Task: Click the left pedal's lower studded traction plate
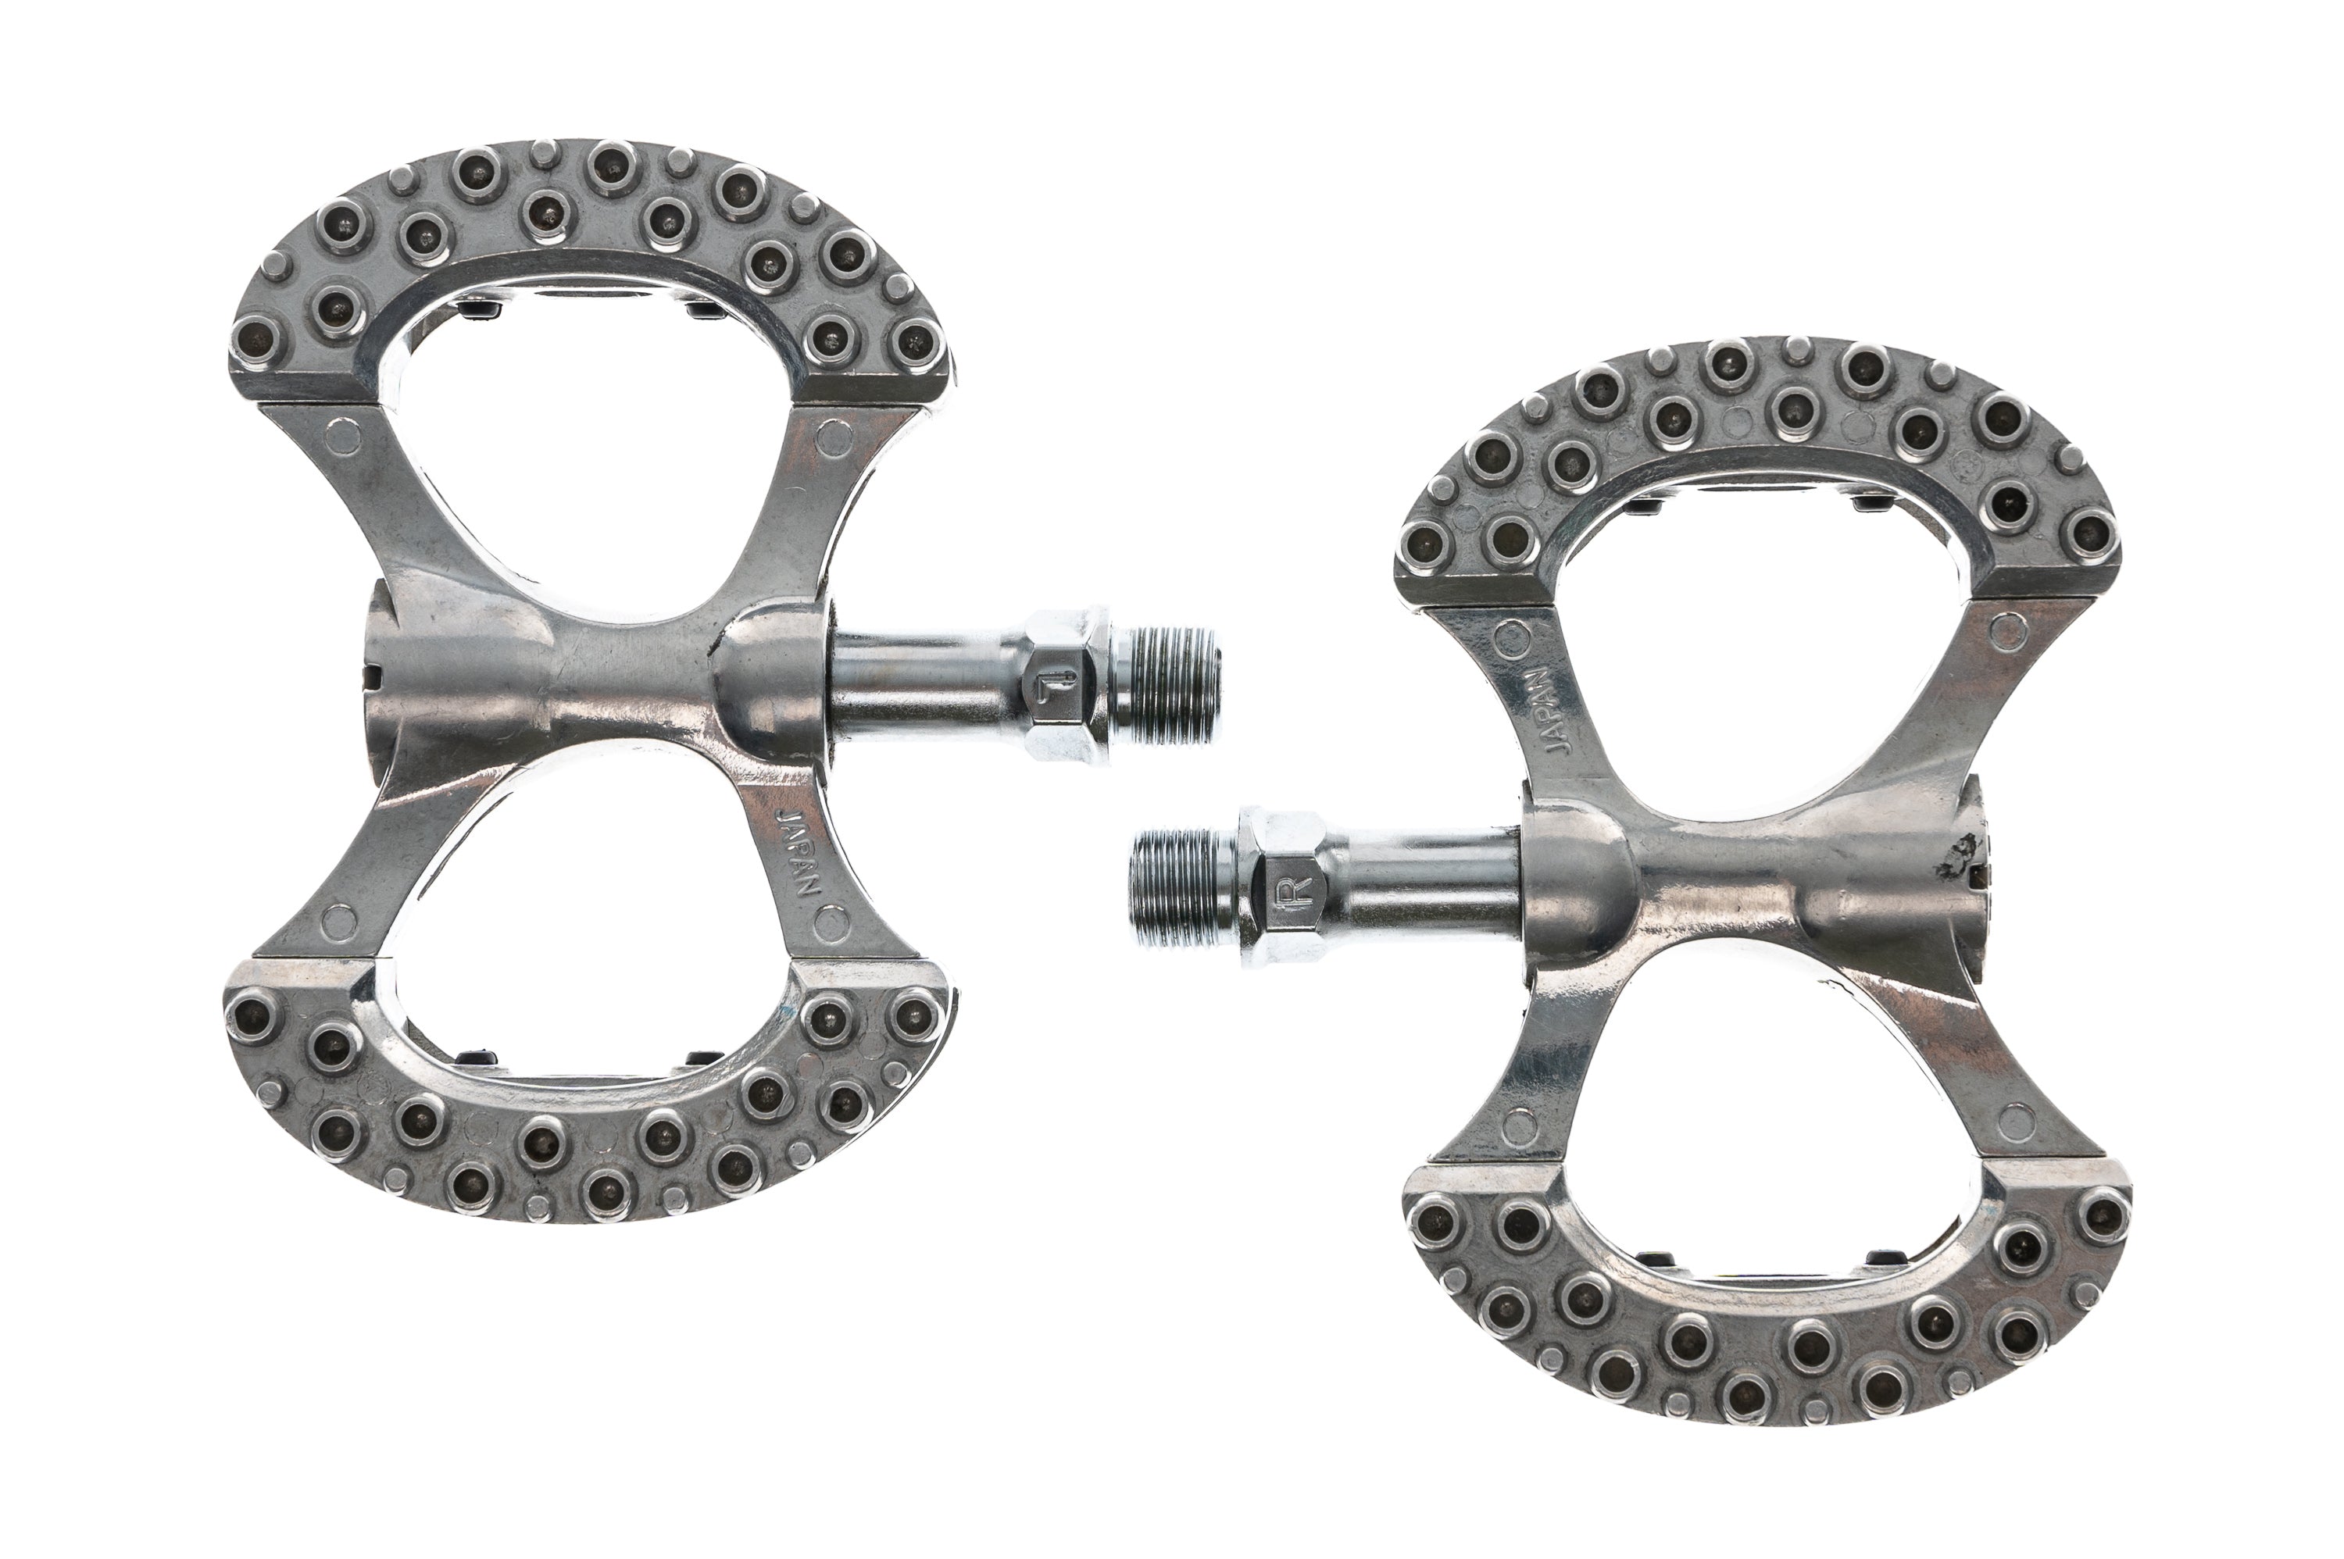[x=587, y=1143]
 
